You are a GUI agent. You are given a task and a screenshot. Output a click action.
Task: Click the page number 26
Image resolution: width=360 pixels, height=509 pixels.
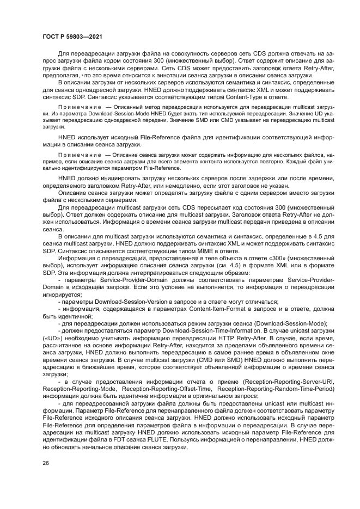click(45, 463)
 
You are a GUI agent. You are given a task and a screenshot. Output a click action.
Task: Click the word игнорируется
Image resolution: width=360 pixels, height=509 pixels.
click(62, 294)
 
